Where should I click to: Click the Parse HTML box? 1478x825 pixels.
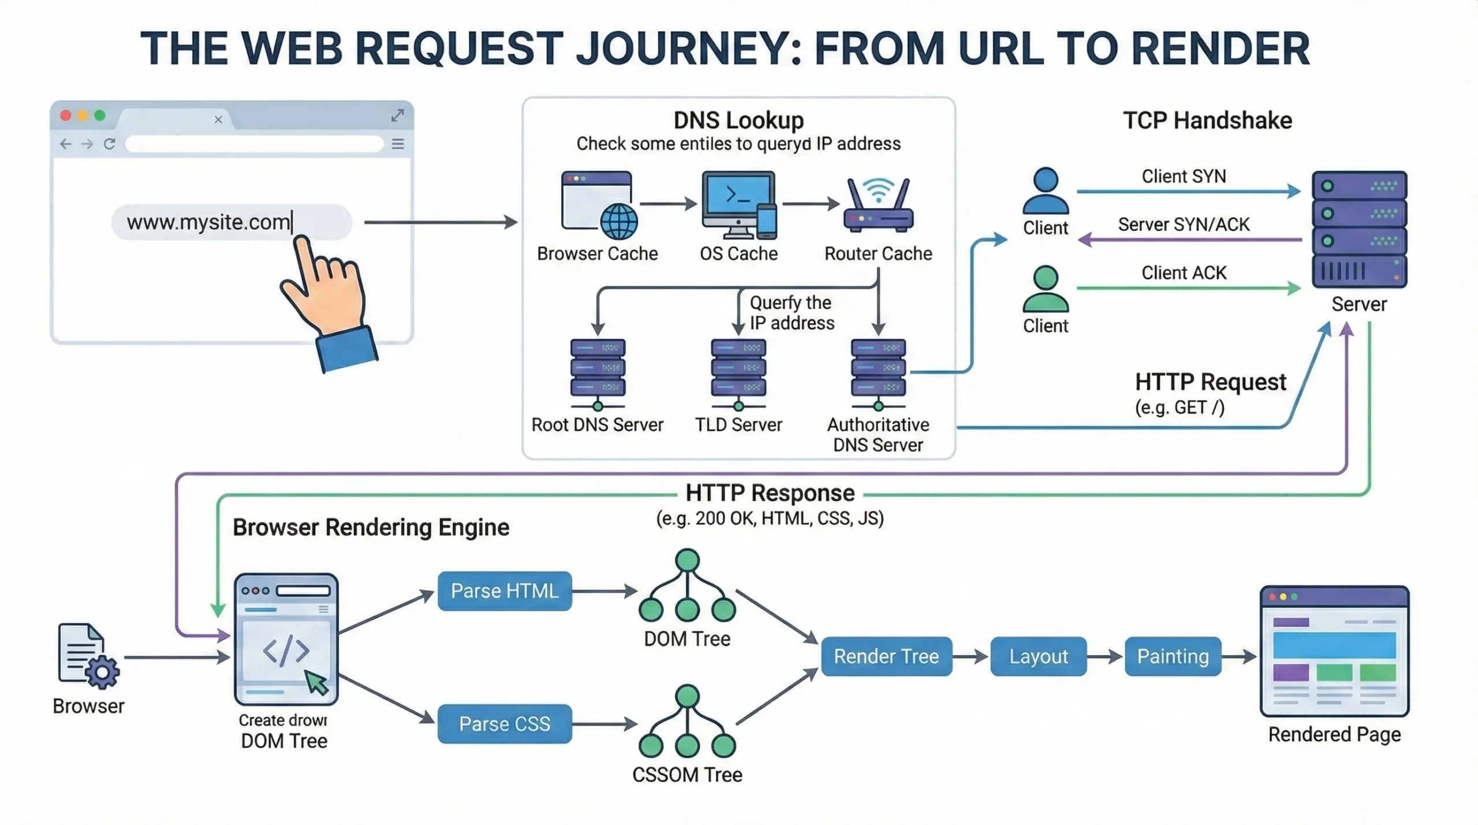[x=504, y=591]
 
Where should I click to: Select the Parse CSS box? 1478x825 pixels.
[x=504, y=723]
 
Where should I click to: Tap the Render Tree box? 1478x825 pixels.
[x=886, y=656]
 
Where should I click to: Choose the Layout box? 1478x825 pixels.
[x=1038, y=656]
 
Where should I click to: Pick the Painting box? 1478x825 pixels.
[x=1172, y=656]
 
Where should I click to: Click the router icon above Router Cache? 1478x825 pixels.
[x=878, y=205]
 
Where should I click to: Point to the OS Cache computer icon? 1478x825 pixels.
[x=738, y=204]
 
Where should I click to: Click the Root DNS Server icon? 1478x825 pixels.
[x=598, y=369]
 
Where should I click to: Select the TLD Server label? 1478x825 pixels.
[x=738, y=425]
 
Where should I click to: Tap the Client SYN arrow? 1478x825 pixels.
[x=1188, y=191]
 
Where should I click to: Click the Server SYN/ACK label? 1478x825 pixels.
[x=1184, y=225]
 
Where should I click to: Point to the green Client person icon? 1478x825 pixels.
[x=1046, y=289]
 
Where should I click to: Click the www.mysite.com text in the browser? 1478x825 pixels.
[x=208, y=222]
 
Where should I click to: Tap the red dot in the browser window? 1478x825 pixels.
[x=66, y=115]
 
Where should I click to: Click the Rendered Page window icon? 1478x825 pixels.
[x=1334, y=651]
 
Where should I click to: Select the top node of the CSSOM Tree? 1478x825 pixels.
[x=687, y=696]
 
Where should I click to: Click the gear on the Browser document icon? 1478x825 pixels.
[x=102, y=672]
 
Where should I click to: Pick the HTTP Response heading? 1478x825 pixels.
[x=770, y=493]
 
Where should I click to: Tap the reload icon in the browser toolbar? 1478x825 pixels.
[x=109, y=144]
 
